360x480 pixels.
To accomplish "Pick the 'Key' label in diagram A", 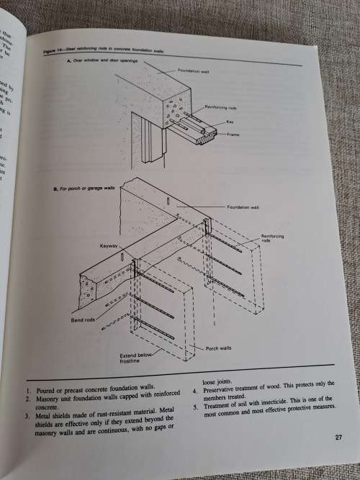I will [x=230, y=122].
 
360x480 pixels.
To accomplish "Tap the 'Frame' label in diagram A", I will [x=233, y=135].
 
